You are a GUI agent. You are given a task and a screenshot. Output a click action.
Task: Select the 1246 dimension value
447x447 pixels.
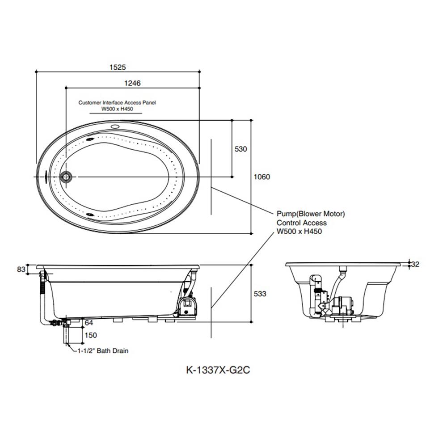click(133, 83)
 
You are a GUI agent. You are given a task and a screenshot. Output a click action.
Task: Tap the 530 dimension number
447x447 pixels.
click(240, 149)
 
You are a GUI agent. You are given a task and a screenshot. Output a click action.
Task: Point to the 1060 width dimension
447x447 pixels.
click(261, 177)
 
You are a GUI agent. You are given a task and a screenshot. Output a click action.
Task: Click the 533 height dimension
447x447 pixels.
click(260, 294)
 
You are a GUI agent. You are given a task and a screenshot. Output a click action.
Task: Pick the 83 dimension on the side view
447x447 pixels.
click(21, 269)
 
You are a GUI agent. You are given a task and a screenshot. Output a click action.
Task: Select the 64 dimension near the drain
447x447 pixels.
click(89, 323)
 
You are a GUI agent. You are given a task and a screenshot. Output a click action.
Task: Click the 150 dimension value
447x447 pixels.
click(90, 335)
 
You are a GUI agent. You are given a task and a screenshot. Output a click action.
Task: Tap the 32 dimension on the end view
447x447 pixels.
click(415, 264)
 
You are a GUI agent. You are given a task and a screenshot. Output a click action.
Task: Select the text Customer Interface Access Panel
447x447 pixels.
click(117, 102)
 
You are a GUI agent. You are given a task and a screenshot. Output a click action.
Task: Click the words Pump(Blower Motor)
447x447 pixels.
click(311, 214)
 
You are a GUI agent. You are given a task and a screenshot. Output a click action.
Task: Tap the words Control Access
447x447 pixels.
click(302, 223)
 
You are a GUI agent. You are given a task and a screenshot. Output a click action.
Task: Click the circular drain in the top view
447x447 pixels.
click(66, 177)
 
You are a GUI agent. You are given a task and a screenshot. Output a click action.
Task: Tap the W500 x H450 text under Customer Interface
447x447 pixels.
click(117, 109)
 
